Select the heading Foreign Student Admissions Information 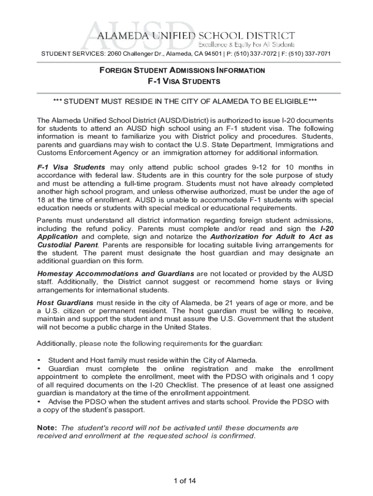(x=182, y=70)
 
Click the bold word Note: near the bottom (x=47, y=428)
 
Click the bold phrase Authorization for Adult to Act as (x=272, y=236)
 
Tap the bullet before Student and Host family (x=39, y=360)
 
